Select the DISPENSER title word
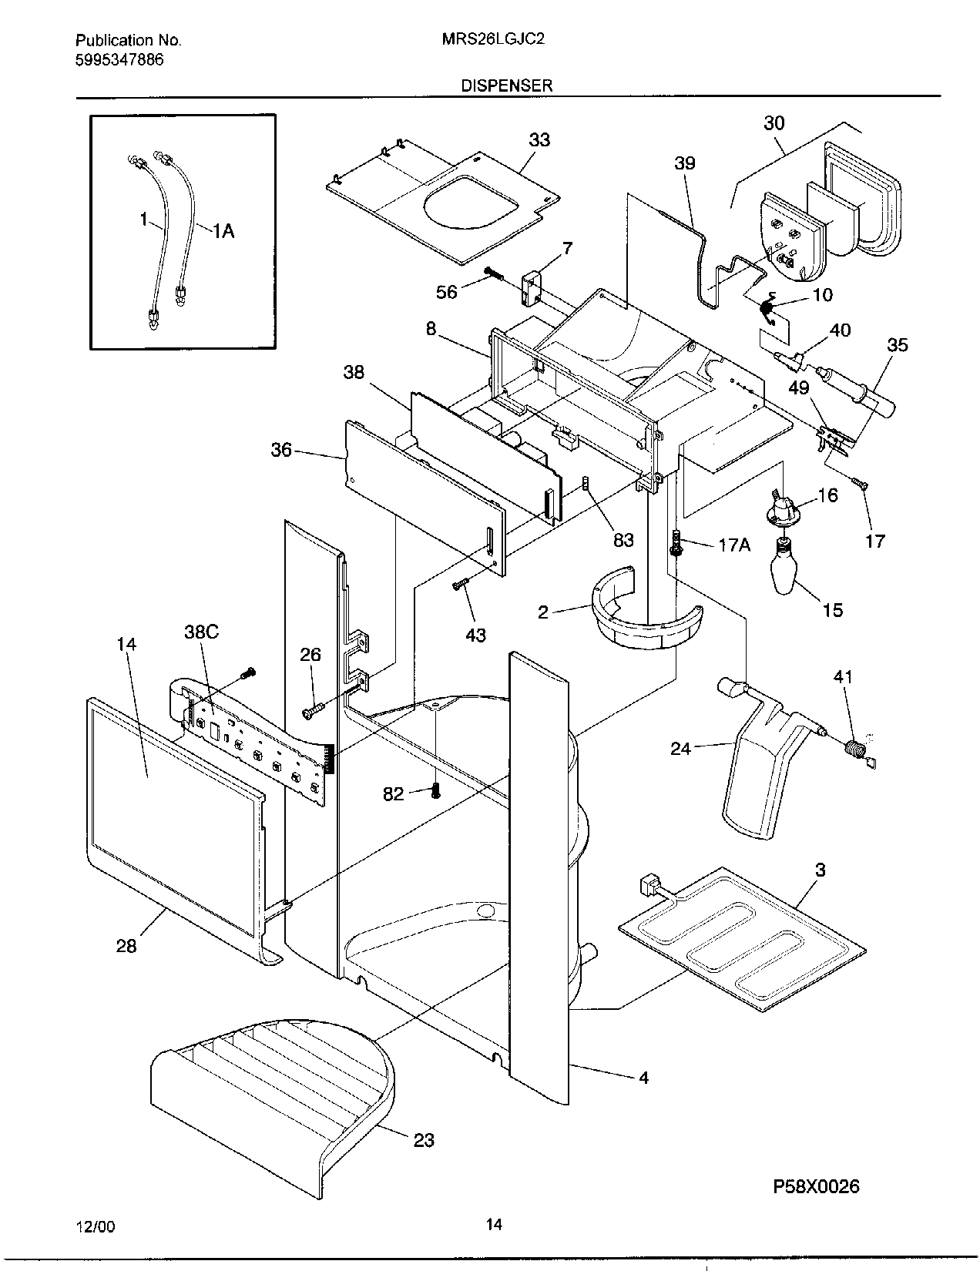pos(506,86)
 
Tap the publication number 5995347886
pos(119,60)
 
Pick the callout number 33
pos(539,139)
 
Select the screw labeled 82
pos(435,790)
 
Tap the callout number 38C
pos(201,632)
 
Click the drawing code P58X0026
pos(816,1186)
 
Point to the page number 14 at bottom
pos(494,1223)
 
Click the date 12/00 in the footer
pos(98,1227)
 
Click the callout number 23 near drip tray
pos(423,1139)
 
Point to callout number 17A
pos(733,545)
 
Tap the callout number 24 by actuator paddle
pos(680,747)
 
